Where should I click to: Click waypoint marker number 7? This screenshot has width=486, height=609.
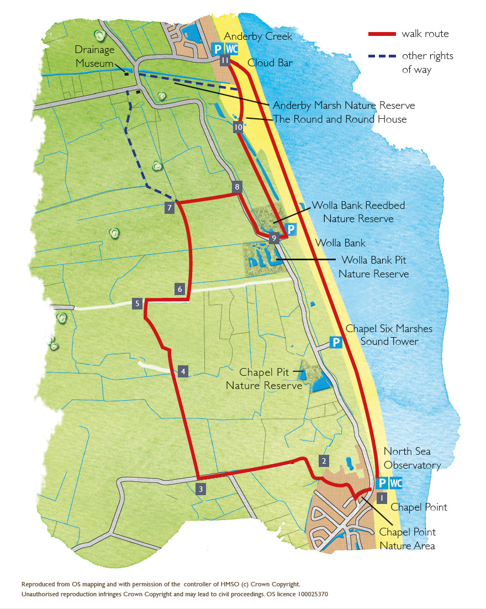[x=170, y=208]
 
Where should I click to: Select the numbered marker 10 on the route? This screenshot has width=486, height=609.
[x=238, y=128]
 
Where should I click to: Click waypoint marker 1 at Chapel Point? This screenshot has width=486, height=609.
[x=381, y=497]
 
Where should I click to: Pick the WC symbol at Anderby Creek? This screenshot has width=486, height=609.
[x=232, y=49]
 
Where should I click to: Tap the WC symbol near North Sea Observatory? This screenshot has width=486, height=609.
[x=396, y=484]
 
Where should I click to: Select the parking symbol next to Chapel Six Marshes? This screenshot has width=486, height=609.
[x=335, y=343]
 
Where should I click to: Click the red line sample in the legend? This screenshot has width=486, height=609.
[x=382, y=34]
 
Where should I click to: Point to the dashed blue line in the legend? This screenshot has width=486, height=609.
[x=382, y=56]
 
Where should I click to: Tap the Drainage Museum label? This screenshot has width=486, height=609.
[x=95, y=56]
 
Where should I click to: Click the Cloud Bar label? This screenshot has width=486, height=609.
[x=270, y=63]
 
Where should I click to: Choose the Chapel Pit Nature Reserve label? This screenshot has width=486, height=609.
[x=264, y=379]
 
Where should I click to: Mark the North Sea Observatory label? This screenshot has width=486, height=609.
[x=412, y=458]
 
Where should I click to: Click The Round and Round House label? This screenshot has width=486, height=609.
[x=340, y=119]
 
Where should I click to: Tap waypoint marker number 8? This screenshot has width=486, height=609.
[x=237, y=187]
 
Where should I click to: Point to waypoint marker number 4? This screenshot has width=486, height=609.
[x=183, y=371]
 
